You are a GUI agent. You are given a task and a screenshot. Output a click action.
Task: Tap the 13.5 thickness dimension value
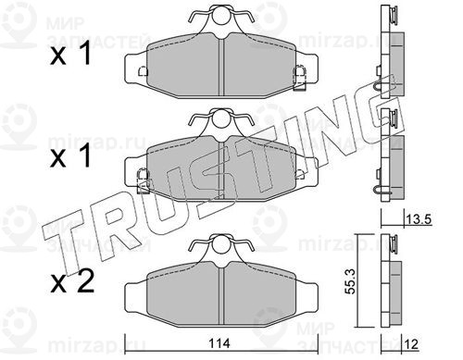pos(419,220)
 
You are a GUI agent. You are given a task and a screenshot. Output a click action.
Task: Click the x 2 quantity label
pos(72,282)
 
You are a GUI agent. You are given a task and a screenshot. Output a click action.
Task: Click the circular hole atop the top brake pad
pos(220,17)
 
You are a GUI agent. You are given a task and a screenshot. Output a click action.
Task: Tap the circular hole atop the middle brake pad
pos(221,119)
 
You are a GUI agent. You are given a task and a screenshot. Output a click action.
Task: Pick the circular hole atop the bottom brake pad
pos(221,243)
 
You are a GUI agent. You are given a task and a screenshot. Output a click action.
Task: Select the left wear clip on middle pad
pos(143,180)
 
